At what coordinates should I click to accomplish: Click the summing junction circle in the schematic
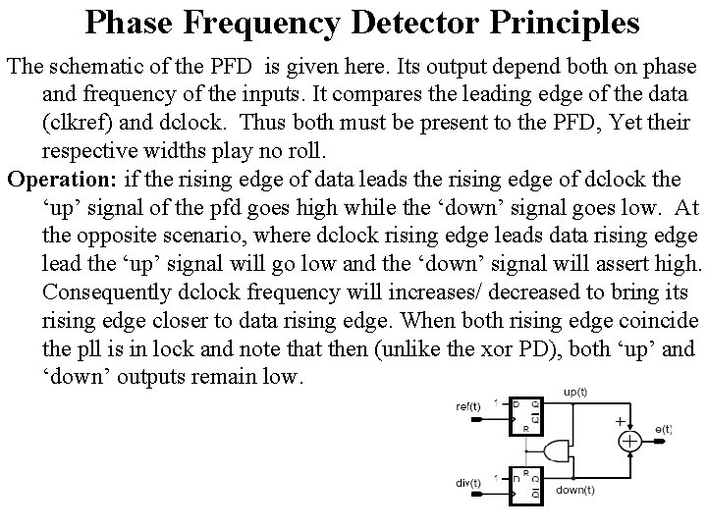(628, 442)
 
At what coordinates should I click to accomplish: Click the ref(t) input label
(469, 407)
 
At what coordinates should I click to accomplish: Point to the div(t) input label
(469, 482)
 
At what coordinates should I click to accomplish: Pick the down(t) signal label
(574, 491)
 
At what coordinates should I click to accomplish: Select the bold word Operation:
(60, 179)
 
